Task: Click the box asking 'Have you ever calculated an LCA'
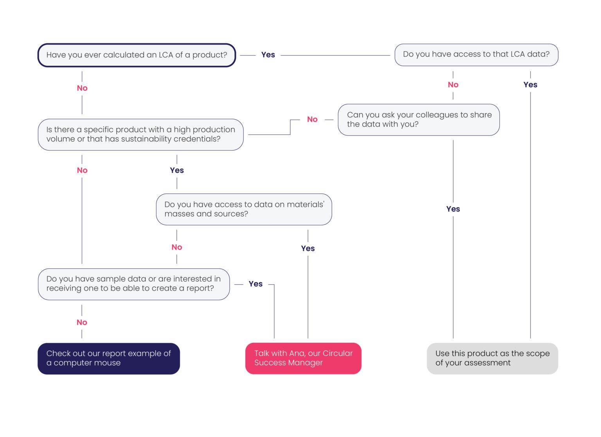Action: (137, 55)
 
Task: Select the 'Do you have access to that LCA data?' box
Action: (476, 55)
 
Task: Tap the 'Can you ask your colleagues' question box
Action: (419, 120)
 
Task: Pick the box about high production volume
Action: (140, 135)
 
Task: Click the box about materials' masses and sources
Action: (244, 209)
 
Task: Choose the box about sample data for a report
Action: (134, 284)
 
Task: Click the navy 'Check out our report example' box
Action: (109, 358)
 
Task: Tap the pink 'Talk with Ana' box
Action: (303, 358)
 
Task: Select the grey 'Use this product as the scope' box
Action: (492, 358)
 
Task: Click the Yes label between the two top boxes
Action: (268, 55)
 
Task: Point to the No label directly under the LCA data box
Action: (453, 85)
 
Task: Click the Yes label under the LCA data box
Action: (530, 85)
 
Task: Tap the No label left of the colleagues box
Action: (312, 119)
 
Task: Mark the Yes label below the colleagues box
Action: (453, 209)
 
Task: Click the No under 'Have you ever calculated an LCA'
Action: (82, 88)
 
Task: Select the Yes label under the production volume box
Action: (177, 170)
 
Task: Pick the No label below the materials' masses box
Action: (177, 247)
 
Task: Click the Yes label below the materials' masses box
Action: (308, 248)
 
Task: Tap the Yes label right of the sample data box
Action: (256, 284)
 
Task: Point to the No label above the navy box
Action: (82, 322)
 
